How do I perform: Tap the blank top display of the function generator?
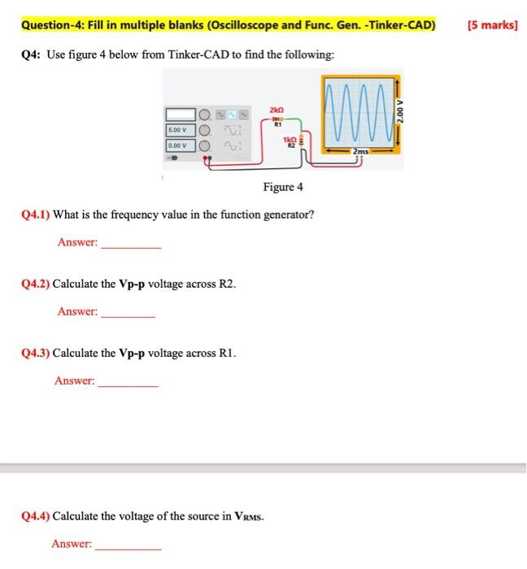pyautogui.click(x=181, y=114)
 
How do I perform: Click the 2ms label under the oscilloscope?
pyautogui.click(x=359, y=151)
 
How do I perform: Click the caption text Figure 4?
pyautogui.click(x=283, y=187)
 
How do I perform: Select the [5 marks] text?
pyautogui.click(x=493, y=25)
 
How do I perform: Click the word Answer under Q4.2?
pyautogui.click(x=77, y=311)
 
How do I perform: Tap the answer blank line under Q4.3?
pyautogui.click(x=128, y=384)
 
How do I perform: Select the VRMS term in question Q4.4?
pyautogui.click(x=244, y=517)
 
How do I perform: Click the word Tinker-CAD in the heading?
pyautogui.click(x=403, y=25)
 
